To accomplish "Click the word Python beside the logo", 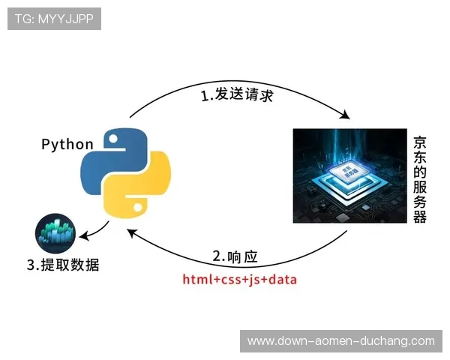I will point(67,144).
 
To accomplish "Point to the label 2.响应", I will point(235,256).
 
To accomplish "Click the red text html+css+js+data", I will point(239,280).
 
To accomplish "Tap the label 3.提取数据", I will point(63,264).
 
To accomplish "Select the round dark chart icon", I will point(55,233).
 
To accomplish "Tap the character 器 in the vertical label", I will point(420,216).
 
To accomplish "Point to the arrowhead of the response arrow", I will point(132,233).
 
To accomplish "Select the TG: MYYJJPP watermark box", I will point(54,19).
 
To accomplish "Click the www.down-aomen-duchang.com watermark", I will point(341,341).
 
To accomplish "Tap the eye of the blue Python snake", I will point(114,139).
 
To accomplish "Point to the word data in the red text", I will point(282,280).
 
